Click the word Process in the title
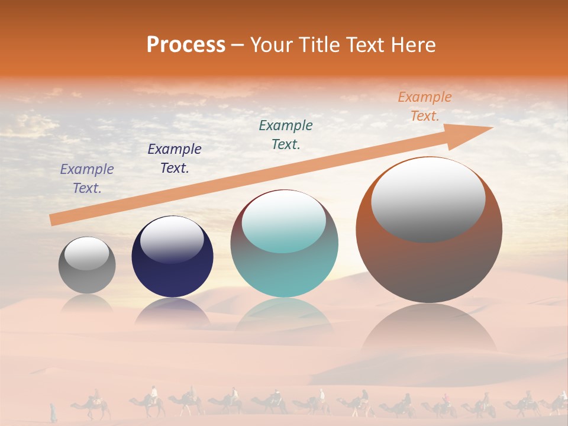[186, 45]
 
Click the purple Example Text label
[87, 179]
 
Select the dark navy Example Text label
[175, 159]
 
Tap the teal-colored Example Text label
[286, 135]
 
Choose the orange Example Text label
[425, 106]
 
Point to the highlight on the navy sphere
[172, 240]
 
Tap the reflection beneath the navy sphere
[172, 312]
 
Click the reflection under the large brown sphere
[429, 331]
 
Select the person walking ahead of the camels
[53, 412]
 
